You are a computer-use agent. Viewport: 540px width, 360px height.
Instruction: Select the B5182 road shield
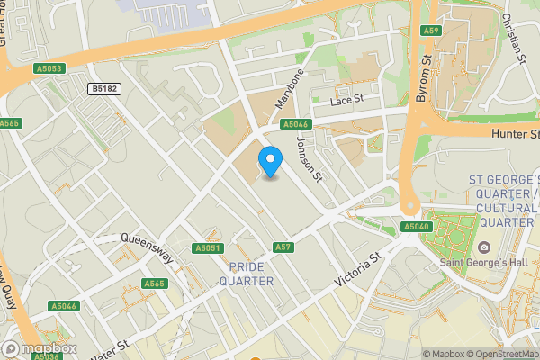coord(105,89)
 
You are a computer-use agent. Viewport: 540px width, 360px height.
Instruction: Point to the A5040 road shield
coord(417,227)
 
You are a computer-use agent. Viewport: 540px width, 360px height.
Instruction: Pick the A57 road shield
coord(283,247)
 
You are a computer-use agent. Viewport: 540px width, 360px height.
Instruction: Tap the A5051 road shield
coord(207,247)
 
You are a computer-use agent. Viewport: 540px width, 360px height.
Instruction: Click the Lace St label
coord(346,100)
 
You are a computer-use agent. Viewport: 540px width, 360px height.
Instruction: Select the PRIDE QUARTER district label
coord(251,274)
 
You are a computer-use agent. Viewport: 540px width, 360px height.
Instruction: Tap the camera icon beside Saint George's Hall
coord(484,247)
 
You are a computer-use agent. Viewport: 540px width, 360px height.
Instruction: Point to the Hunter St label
coord(515,134)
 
